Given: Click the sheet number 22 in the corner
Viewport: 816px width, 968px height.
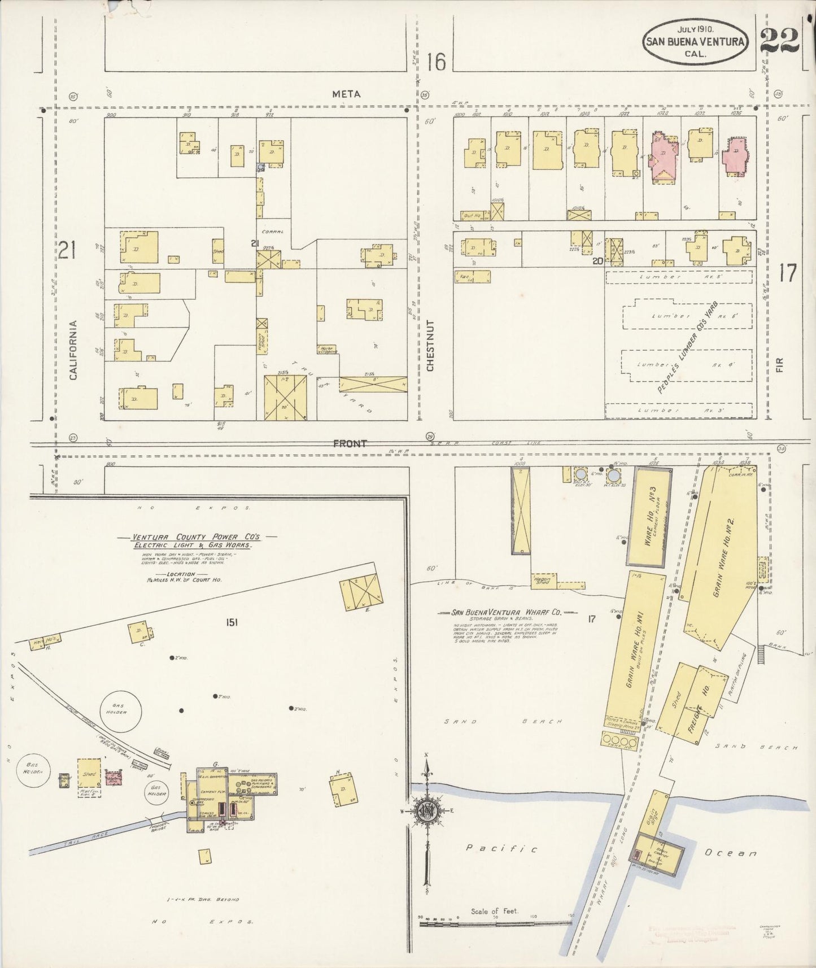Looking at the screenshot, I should (x=779, y=41).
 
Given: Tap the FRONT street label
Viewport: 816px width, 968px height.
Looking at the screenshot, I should (x=350, y=444).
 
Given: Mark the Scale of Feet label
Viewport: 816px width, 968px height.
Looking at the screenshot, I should (x=495, y=911).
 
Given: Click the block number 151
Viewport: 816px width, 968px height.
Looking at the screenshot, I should (x=232, y=622).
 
